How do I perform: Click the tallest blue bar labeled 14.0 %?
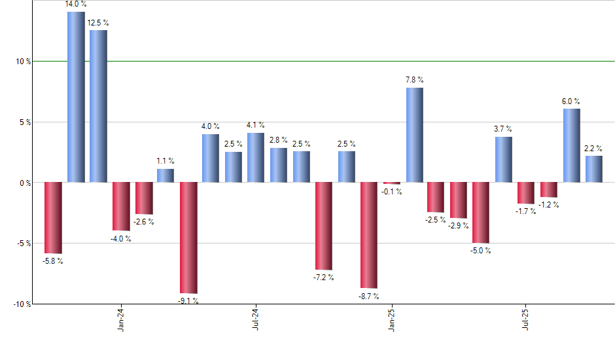pos(76,97)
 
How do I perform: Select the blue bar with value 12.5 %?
pos(98,106)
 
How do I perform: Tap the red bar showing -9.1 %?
pos(188,238)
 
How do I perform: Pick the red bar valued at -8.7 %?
pos(369,235)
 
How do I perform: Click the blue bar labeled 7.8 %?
pos(414,135)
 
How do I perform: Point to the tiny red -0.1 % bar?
pos(392,183)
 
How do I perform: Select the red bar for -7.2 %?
pos(324,226)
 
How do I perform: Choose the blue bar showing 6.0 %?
pos(571,145)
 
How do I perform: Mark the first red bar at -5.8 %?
pos(53,217)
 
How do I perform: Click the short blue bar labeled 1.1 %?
pos(166,175)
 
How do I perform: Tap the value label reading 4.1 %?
pos(256,125)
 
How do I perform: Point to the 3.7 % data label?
pos(503,129)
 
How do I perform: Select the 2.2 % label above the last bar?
pos(594,148)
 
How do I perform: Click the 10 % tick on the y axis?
pos(24,62)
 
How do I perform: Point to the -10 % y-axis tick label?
pos(22,304)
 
